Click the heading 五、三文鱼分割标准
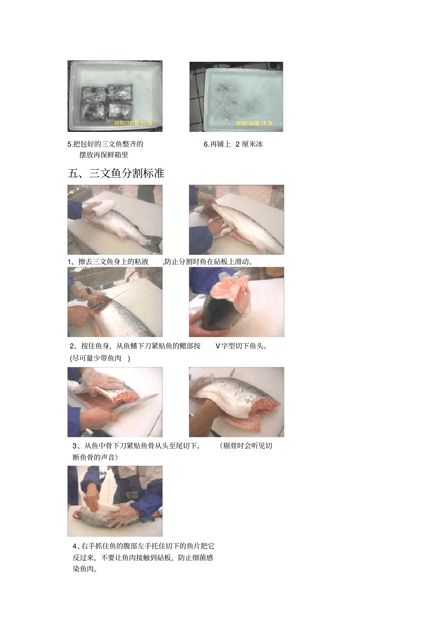116,173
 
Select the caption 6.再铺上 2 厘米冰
233,144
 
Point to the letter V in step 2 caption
217,346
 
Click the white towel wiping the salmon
101,206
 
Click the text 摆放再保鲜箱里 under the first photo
104,155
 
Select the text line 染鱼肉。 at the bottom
85,569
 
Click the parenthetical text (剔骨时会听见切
246,446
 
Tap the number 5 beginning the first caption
70,144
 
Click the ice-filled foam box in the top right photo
241,97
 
